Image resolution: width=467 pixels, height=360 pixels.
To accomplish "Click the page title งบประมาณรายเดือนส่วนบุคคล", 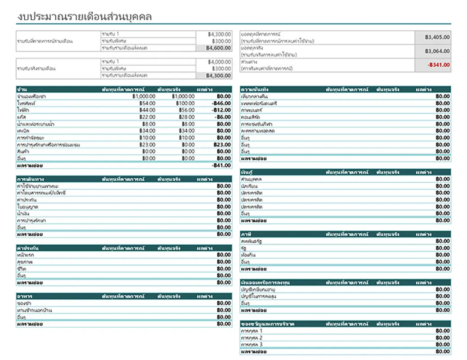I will click(84, 17).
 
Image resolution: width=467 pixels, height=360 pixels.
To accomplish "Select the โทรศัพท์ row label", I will click(27, 103).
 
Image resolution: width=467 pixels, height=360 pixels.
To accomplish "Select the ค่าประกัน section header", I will click(27, 248).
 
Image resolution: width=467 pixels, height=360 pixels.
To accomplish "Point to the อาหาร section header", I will click(25, 297).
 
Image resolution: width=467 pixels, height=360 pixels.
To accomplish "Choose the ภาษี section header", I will click(247, 234).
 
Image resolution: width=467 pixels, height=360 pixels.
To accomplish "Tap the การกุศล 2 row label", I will click(252, 338).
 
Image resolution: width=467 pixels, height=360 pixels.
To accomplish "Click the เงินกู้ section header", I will click(247, 172).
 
